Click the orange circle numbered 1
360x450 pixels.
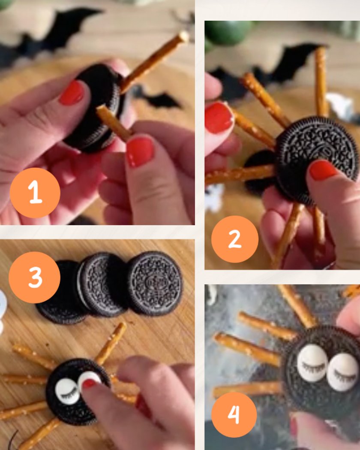click(35, 193)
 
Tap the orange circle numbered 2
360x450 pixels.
click(235, 239)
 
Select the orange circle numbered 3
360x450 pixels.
click(34, 277)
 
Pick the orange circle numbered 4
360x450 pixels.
click(234, 414)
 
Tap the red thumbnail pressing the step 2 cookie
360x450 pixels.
click(322, 170)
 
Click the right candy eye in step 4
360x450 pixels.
click(343, 372)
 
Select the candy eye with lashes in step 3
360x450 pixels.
click(66, 391)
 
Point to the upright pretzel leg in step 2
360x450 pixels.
click(321, 82)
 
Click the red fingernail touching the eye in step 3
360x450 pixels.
click(89, 384)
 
